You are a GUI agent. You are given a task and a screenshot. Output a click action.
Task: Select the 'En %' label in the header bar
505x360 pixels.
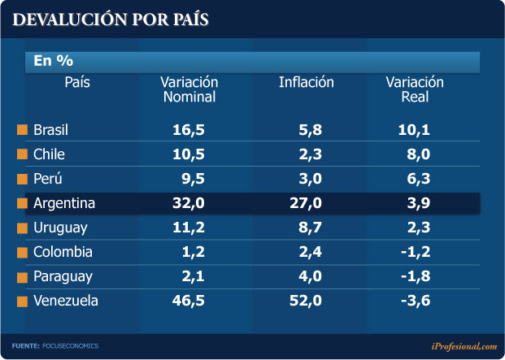[53, 61]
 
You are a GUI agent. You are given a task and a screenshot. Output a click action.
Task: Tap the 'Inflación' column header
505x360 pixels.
[306, 82]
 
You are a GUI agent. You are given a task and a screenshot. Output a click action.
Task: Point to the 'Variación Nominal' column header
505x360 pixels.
[189, 89]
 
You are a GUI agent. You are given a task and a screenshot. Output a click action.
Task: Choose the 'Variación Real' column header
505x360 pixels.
[415, 89]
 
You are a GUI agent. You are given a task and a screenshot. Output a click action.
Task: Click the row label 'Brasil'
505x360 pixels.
[52, 129]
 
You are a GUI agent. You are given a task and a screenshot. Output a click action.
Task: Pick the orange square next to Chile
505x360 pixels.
[22, 154]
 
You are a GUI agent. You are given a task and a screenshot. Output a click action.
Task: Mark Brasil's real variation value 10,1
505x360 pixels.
[415, 129]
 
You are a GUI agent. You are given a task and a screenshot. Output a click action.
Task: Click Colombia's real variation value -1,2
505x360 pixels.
[415, 252]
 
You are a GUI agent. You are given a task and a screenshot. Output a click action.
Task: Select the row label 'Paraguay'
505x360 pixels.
[63, 276]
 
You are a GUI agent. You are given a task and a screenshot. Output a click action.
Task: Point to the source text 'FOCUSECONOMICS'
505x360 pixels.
[70, 346]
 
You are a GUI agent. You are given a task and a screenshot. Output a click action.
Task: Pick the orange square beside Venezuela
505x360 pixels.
[22, 301]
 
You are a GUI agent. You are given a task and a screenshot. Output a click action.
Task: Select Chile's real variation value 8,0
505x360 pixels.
[419, 154]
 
